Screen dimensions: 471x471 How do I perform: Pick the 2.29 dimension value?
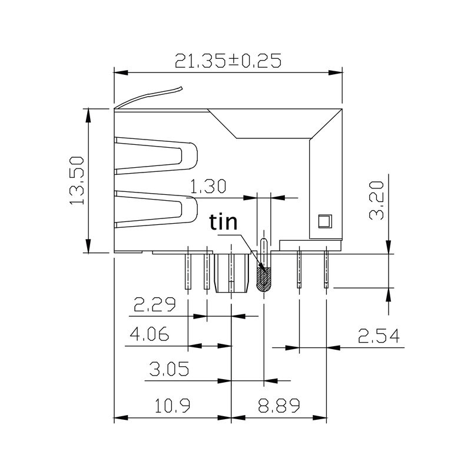[x=155, y=305]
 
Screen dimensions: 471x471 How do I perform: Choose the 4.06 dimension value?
[x=150, y=335]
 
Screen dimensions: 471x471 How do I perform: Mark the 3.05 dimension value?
[x=169, y=369]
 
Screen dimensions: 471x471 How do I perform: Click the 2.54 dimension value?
[x=379, y=336]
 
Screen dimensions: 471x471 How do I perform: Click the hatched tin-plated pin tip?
[x=264, y=280]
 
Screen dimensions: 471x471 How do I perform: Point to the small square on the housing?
[x=324, y=221]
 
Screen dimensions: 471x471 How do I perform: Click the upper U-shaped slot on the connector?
[x=156, y=156]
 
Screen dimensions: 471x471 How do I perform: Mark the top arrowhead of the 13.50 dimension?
[x=88, y=115]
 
